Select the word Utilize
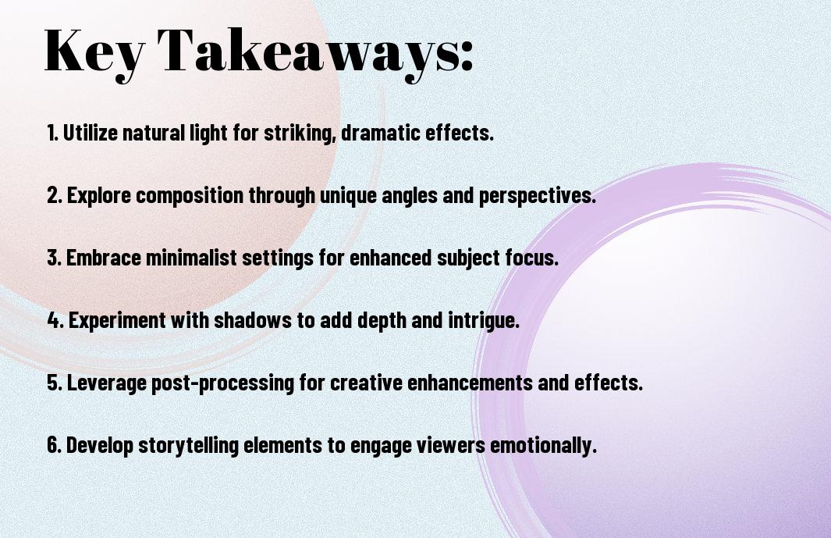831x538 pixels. pos(87,133)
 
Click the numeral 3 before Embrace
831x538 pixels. pos(52,258)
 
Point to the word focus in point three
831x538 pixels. pos(531,258)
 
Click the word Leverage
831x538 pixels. pos(101,383)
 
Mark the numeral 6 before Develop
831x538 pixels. pos(52,445)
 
